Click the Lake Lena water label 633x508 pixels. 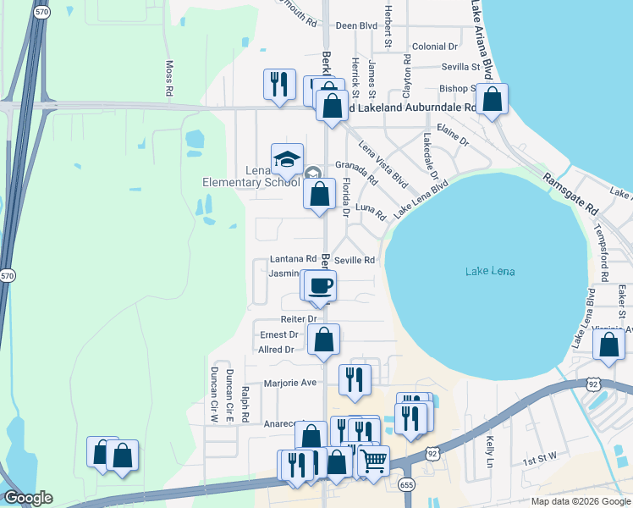(x=490, y=272)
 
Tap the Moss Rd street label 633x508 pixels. (x=169, y=78)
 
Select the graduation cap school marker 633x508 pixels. (x=287, y=159)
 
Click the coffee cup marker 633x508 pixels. (x=320, y=286)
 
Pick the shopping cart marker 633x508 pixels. (x=373, y=461)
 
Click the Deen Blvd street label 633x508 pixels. (x=356, y=26)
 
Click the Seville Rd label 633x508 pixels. (x=355, y=261)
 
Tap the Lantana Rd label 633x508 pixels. (x=293, y=259)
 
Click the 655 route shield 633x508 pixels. (x=407, y=483)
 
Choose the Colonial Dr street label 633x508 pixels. (x=435, y=47)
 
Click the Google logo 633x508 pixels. (x=28, y=498)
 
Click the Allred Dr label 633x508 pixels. (x=277, y=350)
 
